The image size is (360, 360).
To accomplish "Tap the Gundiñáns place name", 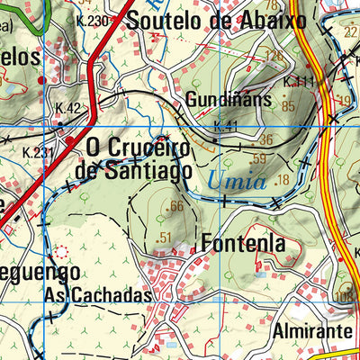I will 229,99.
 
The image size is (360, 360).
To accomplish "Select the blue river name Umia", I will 237,180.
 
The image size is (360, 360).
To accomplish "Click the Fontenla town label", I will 243,243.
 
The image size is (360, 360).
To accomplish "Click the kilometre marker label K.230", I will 92,21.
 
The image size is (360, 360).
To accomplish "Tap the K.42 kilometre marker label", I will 67,108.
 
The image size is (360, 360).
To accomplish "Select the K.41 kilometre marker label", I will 226,127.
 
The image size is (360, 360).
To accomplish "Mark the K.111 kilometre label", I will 299,82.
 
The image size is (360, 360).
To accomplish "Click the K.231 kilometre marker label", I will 38,152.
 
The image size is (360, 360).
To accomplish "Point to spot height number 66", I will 175,207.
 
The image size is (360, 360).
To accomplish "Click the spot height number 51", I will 164,238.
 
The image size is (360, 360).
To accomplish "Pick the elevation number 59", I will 259,160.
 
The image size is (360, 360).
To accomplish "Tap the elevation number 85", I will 288,106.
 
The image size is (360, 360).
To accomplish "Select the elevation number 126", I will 274,56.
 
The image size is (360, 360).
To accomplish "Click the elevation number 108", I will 344,296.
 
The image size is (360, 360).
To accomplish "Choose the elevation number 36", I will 265,139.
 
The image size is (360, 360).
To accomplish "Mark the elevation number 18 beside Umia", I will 283,181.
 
